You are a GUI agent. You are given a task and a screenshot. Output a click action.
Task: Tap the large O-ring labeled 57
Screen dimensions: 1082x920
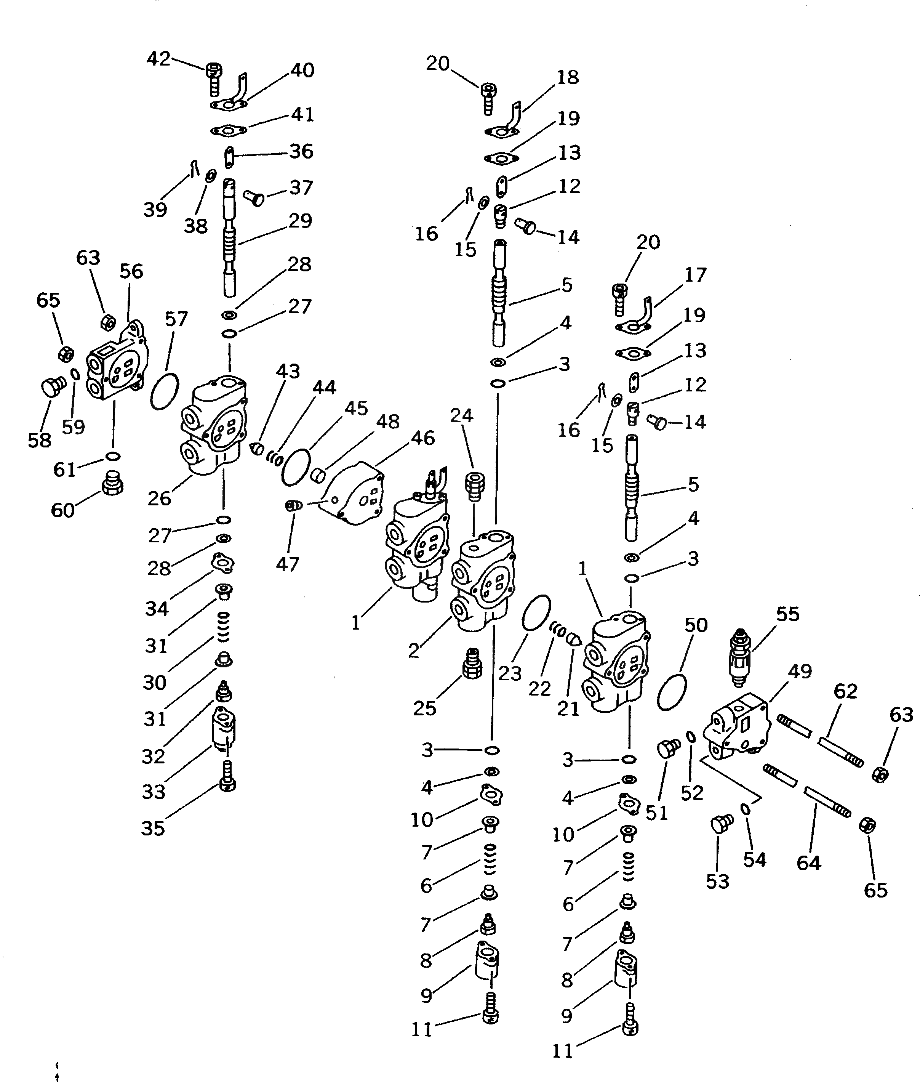[x=164, y=392]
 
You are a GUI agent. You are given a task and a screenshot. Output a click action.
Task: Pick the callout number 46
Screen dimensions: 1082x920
[x=422, y=438]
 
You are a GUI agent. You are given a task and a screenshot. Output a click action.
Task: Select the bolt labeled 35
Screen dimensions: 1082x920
[x=226, y=776]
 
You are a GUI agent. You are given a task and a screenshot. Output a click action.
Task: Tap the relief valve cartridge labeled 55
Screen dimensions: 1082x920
[x=739, y=657]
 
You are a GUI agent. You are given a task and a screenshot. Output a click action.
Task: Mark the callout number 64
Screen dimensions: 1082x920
[x=808, y=863]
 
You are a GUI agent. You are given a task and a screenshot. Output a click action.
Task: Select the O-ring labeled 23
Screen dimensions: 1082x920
[x=536, y=613]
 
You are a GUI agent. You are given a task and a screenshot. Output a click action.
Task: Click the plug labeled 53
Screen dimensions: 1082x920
[x=721, y=825]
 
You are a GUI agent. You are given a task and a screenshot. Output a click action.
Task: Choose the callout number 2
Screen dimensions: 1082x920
[x=414, y=651]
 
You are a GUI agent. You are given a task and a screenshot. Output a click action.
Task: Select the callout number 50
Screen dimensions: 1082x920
[x=696, y=625]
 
